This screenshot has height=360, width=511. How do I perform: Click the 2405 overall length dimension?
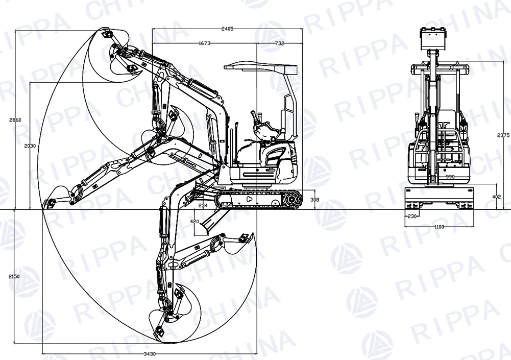(228, 29)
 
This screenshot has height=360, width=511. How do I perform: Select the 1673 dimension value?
(204, 44)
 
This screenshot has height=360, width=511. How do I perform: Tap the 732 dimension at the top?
(279, 44)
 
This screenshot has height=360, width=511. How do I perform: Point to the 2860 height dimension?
(15, 120)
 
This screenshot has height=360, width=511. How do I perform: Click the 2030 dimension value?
(30, 146)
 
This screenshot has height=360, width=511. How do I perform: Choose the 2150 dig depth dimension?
(14, 276)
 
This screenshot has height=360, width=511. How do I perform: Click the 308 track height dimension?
(314, 200)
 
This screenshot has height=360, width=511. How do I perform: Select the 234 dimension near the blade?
(203, 205)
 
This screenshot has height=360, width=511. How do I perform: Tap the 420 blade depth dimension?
(194, 222)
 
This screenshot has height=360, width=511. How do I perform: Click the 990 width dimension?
(450, 177)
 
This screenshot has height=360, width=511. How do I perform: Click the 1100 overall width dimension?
(439, 227)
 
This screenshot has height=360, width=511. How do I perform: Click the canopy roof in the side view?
(260, 66)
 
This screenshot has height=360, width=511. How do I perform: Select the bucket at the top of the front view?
(432, 38)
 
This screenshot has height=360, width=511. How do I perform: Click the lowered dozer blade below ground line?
(210, 221)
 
